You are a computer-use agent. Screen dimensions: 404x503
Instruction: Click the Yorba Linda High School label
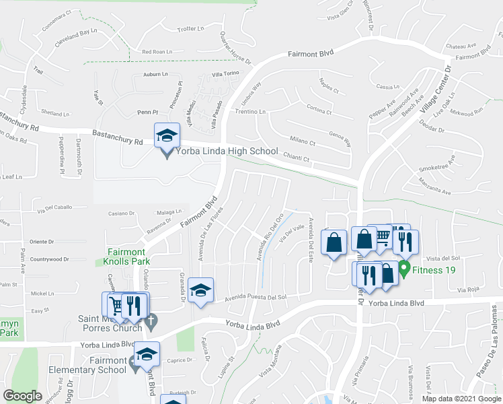(x=227, y=151)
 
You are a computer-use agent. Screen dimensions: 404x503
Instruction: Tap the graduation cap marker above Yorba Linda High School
(x=167, y=135)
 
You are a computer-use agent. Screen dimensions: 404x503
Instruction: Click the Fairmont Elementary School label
(x=87, y=365)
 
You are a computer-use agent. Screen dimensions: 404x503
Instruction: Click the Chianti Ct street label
(x=296, y=160)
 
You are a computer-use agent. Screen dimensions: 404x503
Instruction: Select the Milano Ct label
(x=303, y=143)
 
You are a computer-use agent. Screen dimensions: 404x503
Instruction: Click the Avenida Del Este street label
(x=310, y=240)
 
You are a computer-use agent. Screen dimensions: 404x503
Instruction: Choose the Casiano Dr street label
(x=122, y=213)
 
